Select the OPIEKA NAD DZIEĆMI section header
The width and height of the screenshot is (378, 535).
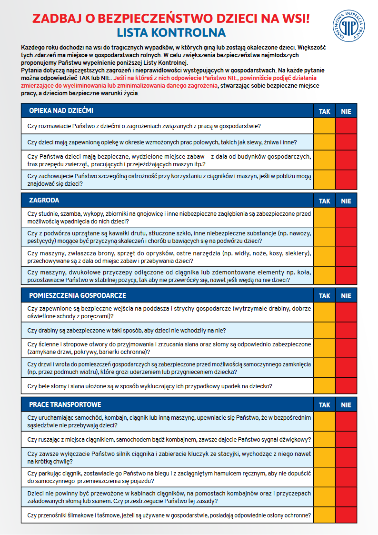pyautogui.click(x=61, y=111)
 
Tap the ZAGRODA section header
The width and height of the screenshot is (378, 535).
pyautogui.click(x=44, y=201)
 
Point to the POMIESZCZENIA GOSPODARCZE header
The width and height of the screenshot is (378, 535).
pyautogui.click(x=77, y=295)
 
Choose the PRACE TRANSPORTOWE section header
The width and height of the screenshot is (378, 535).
pyautogui.click(x=65, y=404)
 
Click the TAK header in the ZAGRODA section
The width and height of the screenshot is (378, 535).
pyautogui.click(x=324, y=201)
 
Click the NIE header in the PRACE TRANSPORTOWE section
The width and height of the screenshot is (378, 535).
pyautogui.click(x=346, y=405)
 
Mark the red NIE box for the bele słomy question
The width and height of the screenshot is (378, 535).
pyautogui.click(x=346, y=386)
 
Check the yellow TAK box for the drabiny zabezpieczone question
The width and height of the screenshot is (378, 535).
pyautogui.click(x=324, y=330)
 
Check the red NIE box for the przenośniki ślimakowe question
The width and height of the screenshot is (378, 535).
pyautogui.click(x=346, y=515)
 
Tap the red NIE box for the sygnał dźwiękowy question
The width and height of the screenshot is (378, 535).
pyautogui.click(x=346, y=439)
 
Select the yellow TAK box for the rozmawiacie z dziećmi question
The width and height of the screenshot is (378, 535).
pyautogui.click(x=324, y=126)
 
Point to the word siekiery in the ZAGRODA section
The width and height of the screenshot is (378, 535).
pyautogui.click(x=297, y=253)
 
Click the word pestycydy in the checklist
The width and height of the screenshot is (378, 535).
pyautogui.click(x=42, y=241)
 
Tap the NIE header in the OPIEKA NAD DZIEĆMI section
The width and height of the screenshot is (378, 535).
pyautogui.click(x=346, y=111)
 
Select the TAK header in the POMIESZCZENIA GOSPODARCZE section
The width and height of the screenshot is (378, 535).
pyautogui.click(x=324, y=296)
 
